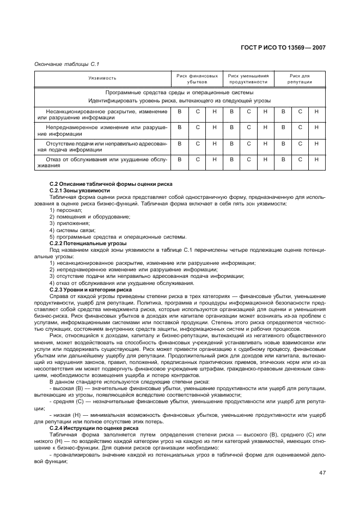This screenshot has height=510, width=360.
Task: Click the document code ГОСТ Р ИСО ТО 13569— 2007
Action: pyautogui.click(x=283, y=47)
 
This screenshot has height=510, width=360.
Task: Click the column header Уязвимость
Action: pyautogui.click(x=102, y=78)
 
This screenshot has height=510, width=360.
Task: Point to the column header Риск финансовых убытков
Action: pyautogui.click(x=197, y=78)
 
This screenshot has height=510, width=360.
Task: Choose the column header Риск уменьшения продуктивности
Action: pyautogui.click(x=248, y=78)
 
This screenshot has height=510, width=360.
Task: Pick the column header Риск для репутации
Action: pyautogui.click(x=300, y=78)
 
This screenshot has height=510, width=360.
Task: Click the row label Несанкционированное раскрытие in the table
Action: pyautogui.click(x=102, y=114)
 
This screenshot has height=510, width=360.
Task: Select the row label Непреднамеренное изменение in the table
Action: pyautogui.click(x=102, y=130)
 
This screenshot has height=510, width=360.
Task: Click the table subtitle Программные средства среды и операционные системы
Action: pyautogui.click(x=179, y=93)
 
